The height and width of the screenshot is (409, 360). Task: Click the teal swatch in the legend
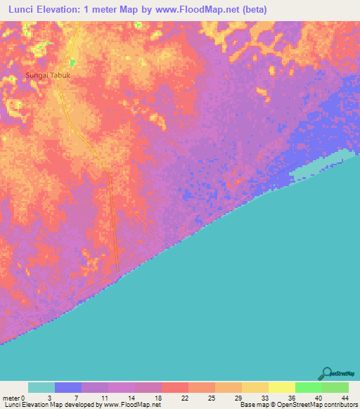point(41,387)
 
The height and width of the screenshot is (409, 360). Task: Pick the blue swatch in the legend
point(68,387)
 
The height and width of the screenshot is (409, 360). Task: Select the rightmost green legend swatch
point(335,387)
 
